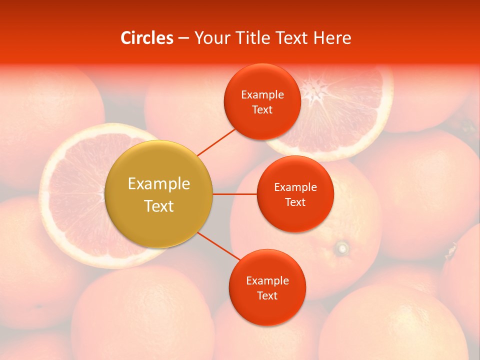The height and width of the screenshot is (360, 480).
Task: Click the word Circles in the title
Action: pyautogui.click(x=147, y=38)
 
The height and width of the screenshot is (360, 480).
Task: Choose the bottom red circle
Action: pyautogui.click(x=267, y=312)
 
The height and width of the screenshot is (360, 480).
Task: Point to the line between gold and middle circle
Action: pyautogui.click(x=234, y=194)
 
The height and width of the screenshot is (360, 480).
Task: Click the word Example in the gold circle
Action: pyautogui.click(x=159, y=184)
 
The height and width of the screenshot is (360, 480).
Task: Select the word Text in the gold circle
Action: pyautogui.click(x=159, y=206)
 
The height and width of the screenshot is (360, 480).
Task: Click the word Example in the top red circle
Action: pyautogui.click(x=262, y=94)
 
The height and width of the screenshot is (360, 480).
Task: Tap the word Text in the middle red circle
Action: pyautogui.click(x=295, y=202)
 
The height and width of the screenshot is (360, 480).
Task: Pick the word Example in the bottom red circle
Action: pyautogui.click(x=267, y=280)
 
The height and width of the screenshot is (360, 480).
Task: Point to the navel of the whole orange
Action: pyautogui.click(x=342, y=247)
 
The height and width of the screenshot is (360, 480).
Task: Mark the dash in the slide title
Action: pyautogui.click(x=183, y=38)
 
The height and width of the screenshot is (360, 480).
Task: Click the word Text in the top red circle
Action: pyautogui.click(x=262, y=109)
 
